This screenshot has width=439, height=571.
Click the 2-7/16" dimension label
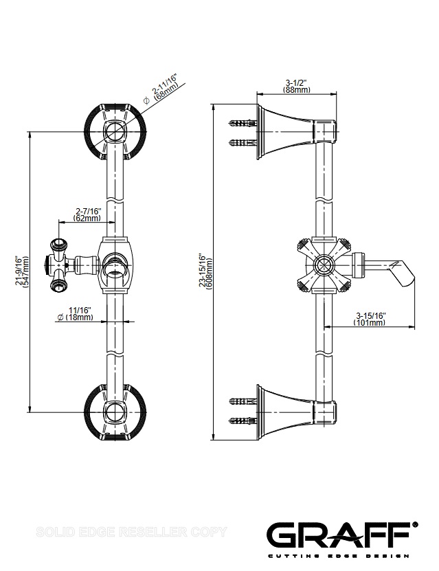click(88, 210)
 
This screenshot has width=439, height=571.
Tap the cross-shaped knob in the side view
click(323, 264)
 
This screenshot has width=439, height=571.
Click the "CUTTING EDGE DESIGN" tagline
click(338, 555)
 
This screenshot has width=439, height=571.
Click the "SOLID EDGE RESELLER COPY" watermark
click(131, 532)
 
